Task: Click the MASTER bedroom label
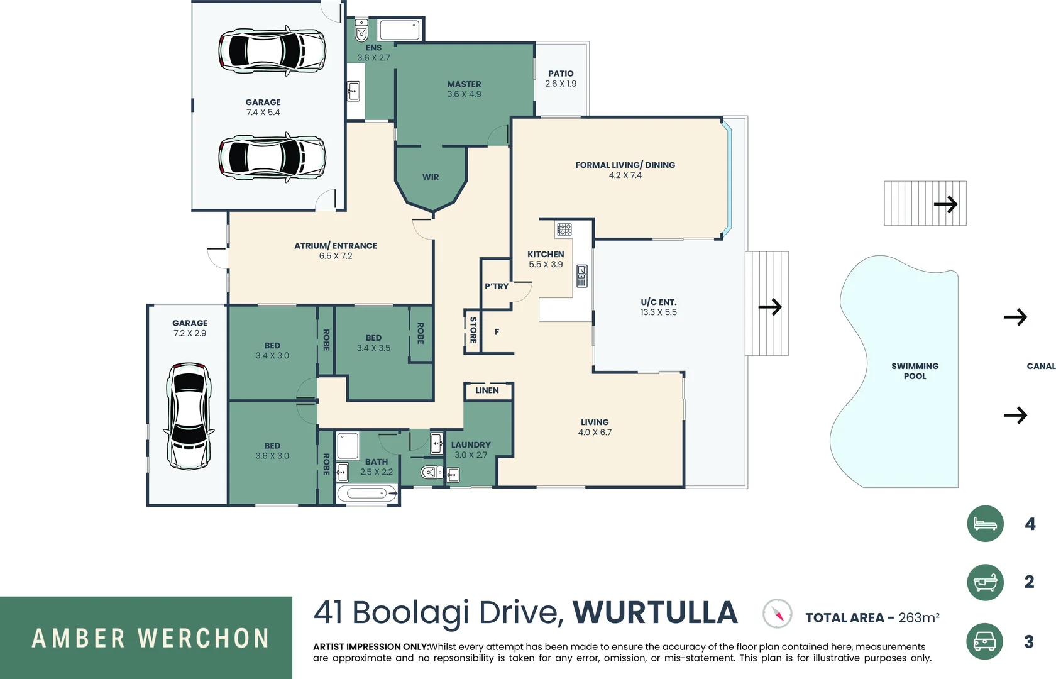(x=464, y=84)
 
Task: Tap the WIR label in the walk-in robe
(x=431, y=177)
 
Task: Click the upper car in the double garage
(x=272, y=50)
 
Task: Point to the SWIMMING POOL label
(x=915, y=371)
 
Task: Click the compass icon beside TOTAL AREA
(x=778, y=614)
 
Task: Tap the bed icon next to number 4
(x=985, y=523)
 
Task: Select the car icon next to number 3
(x=984, y=641)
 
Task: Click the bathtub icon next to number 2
(x=985, y=582)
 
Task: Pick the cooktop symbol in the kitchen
(x=564, y=229)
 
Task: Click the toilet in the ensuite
(x=361, y=30)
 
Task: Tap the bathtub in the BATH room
(x=367, y=494)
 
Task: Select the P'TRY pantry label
(x=496, y=287)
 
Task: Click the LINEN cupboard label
(x=487, y=390)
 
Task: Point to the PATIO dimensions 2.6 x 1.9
(x=561, y=84)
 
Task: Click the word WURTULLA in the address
(x=655, y=613)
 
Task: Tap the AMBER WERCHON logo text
(x=151, y=638)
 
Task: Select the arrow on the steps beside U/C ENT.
(x=770, y=307)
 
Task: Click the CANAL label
(x=1040, y=366)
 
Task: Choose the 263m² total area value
(x=918, y=618)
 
